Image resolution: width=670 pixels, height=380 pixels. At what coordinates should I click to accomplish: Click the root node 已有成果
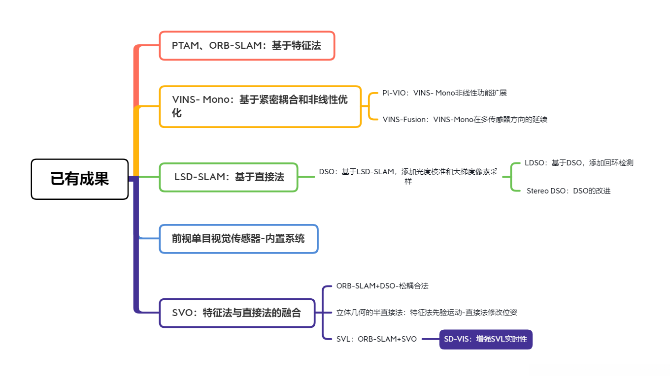click(79, 179)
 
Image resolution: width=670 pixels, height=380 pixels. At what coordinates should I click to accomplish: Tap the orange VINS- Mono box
click(260, 106)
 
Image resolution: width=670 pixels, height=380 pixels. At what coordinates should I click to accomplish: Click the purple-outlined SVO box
click(236, 313)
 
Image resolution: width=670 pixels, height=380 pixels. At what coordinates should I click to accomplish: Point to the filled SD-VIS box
click(485, 339)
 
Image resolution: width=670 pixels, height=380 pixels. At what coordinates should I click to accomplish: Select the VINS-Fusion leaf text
click(465, 119)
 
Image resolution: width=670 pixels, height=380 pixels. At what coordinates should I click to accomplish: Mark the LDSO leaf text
click(579, 163)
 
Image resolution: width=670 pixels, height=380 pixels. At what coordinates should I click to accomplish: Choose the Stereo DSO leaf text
click(569, 190)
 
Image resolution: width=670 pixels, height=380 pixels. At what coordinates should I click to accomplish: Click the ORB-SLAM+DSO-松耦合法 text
click(379, 285)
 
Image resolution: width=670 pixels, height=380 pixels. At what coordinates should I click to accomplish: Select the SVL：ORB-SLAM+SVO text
click(376, 339)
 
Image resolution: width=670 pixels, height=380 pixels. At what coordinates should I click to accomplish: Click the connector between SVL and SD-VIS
click(428, 339)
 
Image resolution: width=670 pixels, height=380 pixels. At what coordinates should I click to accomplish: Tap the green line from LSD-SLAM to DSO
click(306, 177)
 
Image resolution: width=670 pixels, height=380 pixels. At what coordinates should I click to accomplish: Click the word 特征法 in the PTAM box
click(306, 46)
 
